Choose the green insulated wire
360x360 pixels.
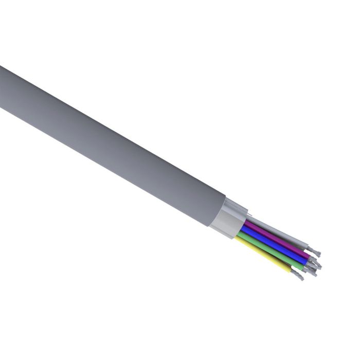click(273, 254)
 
